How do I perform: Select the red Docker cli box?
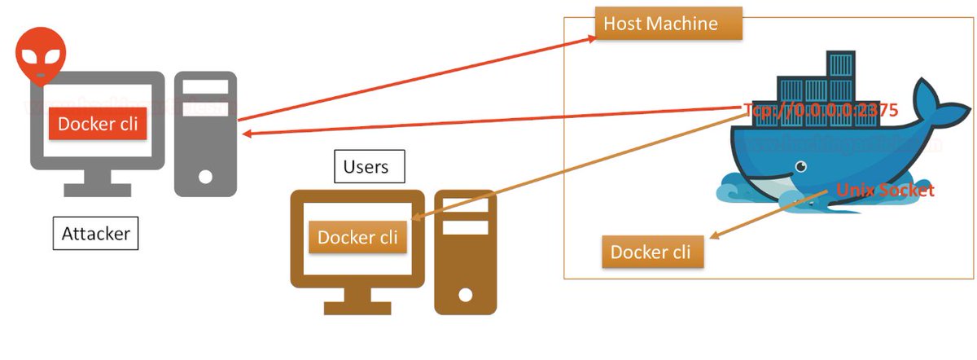click(98, 123)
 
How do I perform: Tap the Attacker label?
click(96, 234)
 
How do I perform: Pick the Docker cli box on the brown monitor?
click(357, 237)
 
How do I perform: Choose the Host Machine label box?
click(660, 24)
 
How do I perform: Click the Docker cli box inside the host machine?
click(651, 252)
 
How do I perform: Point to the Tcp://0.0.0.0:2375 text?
click(820, 111)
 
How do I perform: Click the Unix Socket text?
click(885, 191)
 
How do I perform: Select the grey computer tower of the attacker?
click(205, 134)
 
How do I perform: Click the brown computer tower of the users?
click(465, 252)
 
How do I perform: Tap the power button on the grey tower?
click(205, 176)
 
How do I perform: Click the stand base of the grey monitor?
click(98, 190)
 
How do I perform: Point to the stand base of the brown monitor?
click(357, 309)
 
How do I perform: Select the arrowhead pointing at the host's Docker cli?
click(714, 237)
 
